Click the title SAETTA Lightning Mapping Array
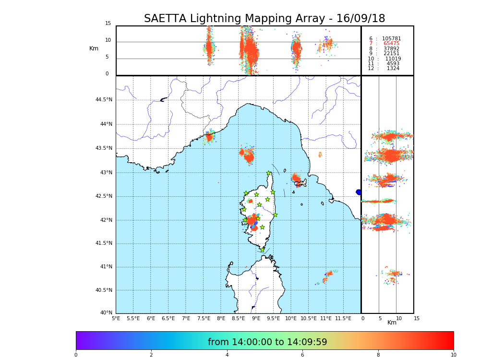[x=264, y=19]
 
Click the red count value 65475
[x=391, y=44]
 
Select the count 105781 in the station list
[x=391, y=39]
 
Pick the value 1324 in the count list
[x=393, y=69]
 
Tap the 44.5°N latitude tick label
[x=104, y=100]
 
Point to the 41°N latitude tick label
[x=105, y=267]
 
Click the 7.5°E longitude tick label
[x=204, y=318]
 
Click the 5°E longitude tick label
[x=116, y=318]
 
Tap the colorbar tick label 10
[x=453, y=355]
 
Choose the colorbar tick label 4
[x=227, y=355]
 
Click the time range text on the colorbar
[x=267, y=342]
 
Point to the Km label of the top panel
[x=94, y=48]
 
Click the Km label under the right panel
[x=392, y=323]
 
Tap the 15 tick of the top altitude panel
[x=108, y=24]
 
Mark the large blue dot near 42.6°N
[x=359, y=192]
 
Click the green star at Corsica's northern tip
[x=269, y=173]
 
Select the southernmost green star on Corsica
[x=262, y=250]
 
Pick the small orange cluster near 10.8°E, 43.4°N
[x=320, y=155]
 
